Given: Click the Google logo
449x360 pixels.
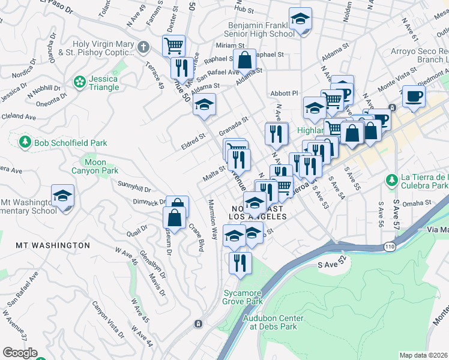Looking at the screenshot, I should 20,353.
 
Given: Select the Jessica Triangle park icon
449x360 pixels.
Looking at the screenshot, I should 79,81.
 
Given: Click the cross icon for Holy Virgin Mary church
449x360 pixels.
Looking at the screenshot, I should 143,46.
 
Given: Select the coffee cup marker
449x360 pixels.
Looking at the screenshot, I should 413,97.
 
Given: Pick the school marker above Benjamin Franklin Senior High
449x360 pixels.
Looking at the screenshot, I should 300,20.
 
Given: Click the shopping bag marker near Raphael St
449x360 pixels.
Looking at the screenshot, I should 245,61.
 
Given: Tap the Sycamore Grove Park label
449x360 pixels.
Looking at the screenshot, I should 243,297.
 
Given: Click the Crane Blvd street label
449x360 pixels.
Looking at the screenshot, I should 196,238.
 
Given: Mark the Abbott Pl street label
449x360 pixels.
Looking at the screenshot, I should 284,94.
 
